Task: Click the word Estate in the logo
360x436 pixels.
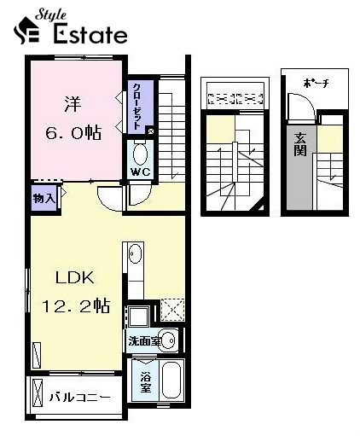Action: click(90, 34)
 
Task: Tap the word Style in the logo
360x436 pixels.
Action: click(50, 15)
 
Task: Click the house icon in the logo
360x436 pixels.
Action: click(26, 31)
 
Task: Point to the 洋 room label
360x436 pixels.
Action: click(73, 104)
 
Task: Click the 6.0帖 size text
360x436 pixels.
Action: click(73, 132)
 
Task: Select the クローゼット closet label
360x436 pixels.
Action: click(137, 106)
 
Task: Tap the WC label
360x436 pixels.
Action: click(140, 171)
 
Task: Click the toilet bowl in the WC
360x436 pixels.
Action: click(140, 154)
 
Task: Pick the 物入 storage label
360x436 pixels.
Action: click(44, 198)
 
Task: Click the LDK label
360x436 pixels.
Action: click(75, 277)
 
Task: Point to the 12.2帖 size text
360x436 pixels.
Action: click(76, 305)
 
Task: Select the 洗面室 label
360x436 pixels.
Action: click(145, 340)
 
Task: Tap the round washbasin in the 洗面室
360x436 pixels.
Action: click(169, 340)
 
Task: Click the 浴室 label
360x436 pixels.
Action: click(146, 382)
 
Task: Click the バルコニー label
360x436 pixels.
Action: click(80, 398)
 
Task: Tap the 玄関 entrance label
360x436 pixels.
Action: click(300, 144)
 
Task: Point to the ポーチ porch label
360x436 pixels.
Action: click(316, 83)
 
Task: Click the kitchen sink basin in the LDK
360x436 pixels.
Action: click(135, 254)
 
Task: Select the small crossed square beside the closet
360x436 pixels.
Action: click(151, 131)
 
